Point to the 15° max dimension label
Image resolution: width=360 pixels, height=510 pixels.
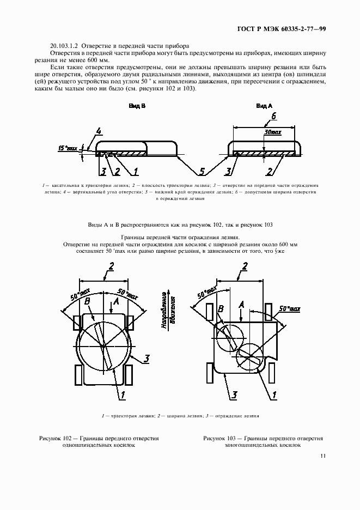[x=68, y=148]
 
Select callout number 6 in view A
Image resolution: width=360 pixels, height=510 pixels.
[x=274, y=116]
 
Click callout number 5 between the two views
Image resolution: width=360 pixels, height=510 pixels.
[x=202, y=172]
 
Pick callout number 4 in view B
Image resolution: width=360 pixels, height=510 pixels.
[x=98, y=131]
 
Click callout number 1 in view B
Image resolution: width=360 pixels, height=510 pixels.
[x=136, y=172]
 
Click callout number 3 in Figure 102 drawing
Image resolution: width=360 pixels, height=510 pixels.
[x=147, y=358]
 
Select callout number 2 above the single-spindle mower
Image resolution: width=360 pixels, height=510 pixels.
[x=111, y=266]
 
